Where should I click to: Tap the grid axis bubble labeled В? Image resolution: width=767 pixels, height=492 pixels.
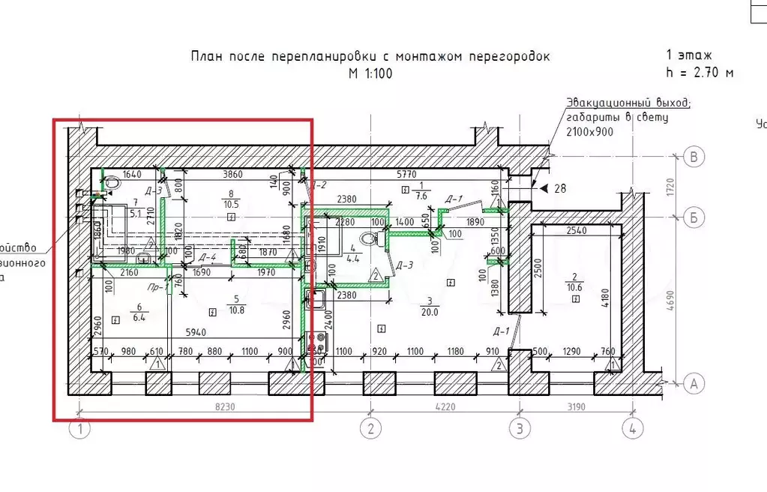point(695,156)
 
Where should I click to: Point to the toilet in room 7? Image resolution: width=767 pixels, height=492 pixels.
point(112,181)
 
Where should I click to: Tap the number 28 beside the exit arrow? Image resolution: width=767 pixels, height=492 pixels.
point(561,188)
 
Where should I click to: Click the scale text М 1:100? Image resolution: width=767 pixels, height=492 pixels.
point(370,73)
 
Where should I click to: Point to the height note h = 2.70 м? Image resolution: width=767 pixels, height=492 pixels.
point(700,72)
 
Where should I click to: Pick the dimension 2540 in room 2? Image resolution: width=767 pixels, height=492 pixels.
point(577,231)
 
